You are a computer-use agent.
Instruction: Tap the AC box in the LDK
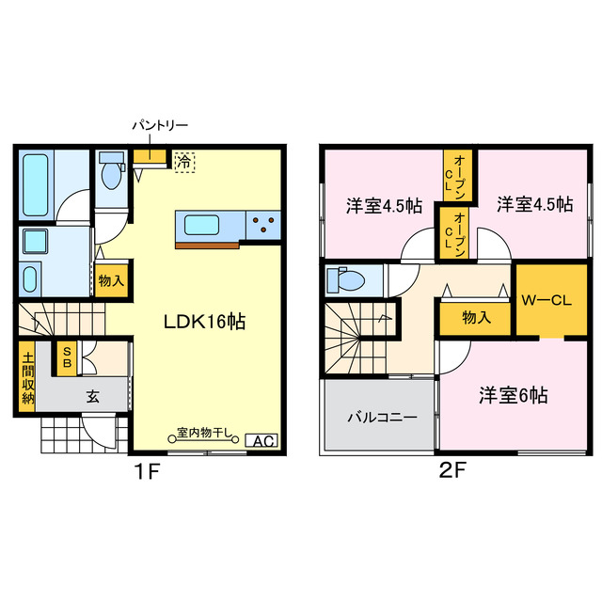click(x=261, y=439)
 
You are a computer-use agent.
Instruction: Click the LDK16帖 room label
click(x=206, y=321)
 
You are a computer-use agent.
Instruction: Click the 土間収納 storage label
click(x=26, y=378)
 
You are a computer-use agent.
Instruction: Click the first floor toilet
click(x=112, y=171)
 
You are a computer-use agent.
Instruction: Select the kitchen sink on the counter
click(x=202, y=225)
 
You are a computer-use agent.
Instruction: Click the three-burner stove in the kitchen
click(x=262, y=225)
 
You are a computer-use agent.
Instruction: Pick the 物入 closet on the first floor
click(x=111, y=279)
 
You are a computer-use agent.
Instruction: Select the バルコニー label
click(x=381, y=417)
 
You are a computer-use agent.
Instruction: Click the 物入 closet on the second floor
click(x=476, y=317)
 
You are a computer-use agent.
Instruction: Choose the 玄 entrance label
click(x=94, y=395)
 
